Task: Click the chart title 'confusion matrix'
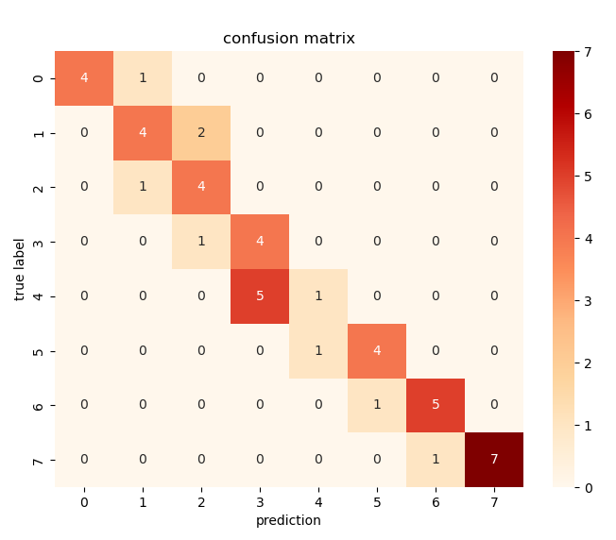pos(289,39)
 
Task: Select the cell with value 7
pos(494,460)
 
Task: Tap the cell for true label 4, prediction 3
pos(260,296)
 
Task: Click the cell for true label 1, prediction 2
pos(201,132)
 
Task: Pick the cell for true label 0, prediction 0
pos(84,77)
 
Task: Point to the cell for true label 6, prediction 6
pos(436,405)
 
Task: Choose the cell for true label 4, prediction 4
pos(318,296)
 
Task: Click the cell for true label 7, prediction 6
pos(436,460)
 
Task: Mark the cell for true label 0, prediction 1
pos(143,77)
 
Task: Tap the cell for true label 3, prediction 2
pos(201,242)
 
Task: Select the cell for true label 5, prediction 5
pos(377,350)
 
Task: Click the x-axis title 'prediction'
pos(289,520)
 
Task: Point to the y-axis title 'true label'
pos(21,269)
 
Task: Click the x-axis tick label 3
pos(260,502)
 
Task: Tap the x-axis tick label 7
pos(494,502)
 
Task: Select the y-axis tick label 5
pos(39,350)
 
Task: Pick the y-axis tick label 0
pos(39,77)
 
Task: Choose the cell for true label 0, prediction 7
pos(494,77)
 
